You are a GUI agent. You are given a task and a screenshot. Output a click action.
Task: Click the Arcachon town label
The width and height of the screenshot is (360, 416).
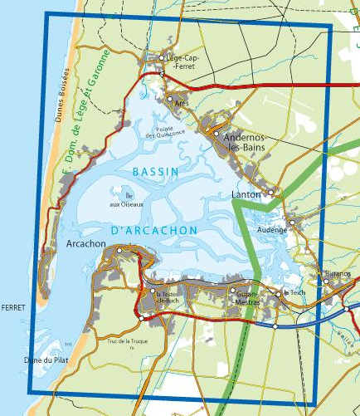[x=85, y=244]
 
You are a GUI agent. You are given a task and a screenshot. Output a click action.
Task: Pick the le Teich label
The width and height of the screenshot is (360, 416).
[x=294, y=292]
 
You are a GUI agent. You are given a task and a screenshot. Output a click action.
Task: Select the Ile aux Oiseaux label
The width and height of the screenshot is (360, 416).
[x=127, y=200]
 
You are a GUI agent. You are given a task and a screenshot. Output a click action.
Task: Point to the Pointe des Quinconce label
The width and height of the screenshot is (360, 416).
[x=164, y=131]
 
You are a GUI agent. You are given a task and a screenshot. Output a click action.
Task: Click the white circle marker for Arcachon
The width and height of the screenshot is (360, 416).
[x=120, y=250]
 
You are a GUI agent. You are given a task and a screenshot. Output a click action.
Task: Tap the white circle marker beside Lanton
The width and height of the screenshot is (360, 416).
[x=270, y=193]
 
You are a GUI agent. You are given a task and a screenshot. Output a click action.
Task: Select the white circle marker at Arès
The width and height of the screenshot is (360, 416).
[x=170, y=99]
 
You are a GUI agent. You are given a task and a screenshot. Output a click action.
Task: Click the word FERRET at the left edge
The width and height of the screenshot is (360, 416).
[x=14, y=307]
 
